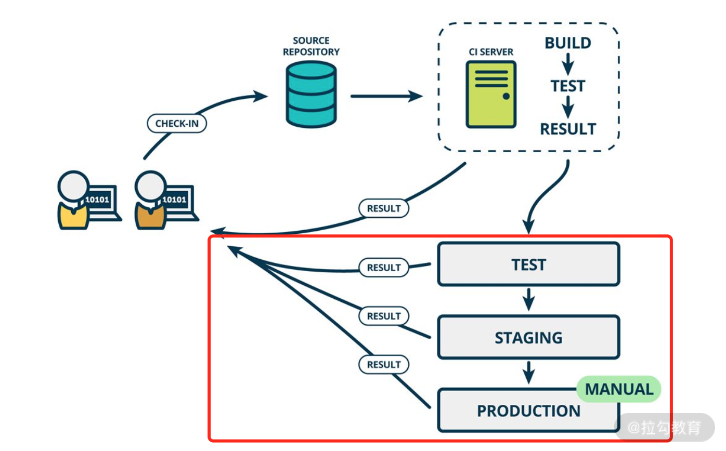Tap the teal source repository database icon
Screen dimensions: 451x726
tap(311, 94)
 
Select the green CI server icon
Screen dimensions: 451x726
tap(491, 95)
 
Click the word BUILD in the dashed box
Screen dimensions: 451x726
tap(567, 43)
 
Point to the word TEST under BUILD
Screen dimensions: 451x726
tap(567, 86)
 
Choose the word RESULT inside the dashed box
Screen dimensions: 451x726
tap(567, 129)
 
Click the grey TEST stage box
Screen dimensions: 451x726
tap(528, 264)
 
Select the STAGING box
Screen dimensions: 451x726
tap(528, 337)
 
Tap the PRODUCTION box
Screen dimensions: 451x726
tap(528, 411)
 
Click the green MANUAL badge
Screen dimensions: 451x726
tap(619, 389)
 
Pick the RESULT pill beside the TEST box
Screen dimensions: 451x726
tap(384, 268)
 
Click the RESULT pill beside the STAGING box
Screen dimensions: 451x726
tap(384, 316)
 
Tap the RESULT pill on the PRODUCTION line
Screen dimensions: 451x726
tap(384, 365)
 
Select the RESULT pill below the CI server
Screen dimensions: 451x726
tap(384, 208)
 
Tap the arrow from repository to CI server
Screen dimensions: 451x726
tap(386, 96)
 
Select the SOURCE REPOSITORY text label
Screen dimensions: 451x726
tap(311, 46)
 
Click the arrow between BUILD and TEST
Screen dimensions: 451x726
tap(568, 64)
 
